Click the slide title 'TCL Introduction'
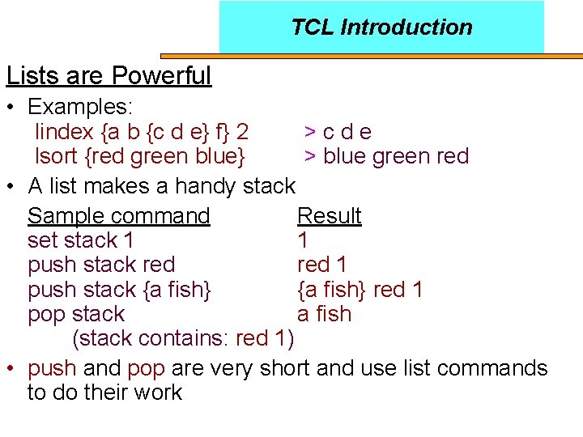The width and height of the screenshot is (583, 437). click(381, 28)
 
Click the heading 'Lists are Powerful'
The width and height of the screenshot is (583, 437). click(109, 76)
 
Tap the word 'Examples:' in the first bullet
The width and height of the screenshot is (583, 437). click(80, 107)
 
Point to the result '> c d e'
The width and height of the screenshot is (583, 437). click(338, 131)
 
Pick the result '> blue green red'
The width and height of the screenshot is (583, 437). click(386, 155)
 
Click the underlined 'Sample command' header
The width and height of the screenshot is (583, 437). click(118, 216)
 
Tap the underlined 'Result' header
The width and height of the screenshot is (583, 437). click(329, 216)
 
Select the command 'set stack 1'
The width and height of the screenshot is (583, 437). click(80, 240)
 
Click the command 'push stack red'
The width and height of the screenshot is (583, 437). click(100, 265)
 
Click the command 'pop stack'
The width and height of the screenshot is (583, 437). click(75, 314)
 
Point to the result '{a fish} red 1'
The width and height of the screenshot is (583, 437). click(360, 289)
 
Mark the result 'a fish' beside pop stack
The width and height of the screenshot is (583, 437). click(324, 314)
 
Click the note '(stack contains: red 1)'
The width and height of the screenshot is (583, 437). click(183, 337)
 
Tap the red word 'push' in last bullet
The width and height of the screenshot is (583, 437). click(52, 369)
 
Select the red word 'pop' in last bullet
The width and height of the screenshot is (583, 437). click(146, 369)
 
